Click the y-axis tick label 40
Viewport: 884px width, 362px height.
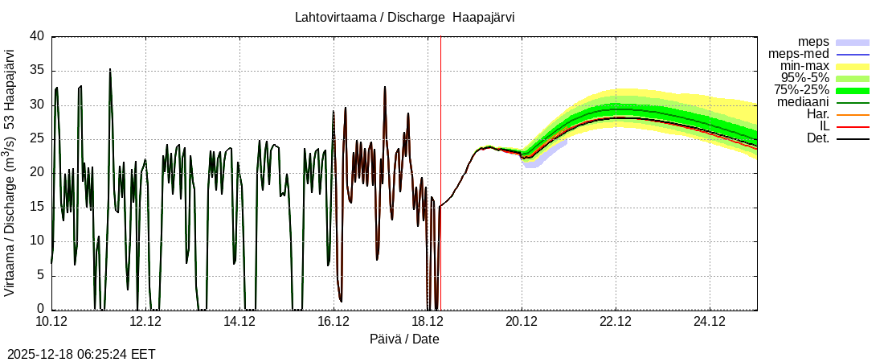(x=37, y=36)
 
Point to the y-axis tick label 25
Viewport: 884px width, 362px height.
(x=37, y=138)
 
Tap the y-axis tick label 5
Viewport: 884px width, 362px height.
(x=41, y=275)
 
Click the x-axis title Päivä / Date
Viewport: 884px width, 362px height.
(x=404, y=339)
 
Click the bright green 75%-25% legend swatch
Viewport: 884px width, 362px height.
(x=853, y=90)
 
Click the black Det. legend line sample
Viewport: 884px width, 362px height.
(x=853, y=138)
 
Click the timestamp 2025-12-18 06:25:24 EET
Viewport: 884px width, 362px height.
(x=81, y=354)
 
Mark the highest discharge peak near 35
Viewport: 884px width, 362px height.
(x=110, y=70)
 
